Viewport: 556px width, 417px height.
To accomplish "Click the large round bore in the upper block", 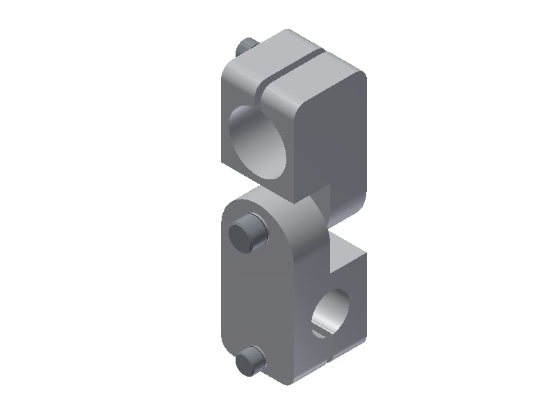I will pyautogui.click(x=258, y=143).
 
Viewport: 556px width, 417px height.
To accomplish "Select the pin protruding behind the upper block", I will pyautogui.click(x=245, y=47).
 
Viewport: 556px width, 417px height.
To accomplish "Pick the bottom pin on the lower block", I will pyautogui.click(x=250, y=360).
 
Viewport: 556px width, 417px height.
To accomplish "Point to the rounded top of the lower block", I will pyautogui.click(x=271, y=202).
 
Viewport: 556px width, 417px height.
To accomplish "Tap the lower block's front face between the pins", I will pyautogui.click(x=257, y=299).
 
